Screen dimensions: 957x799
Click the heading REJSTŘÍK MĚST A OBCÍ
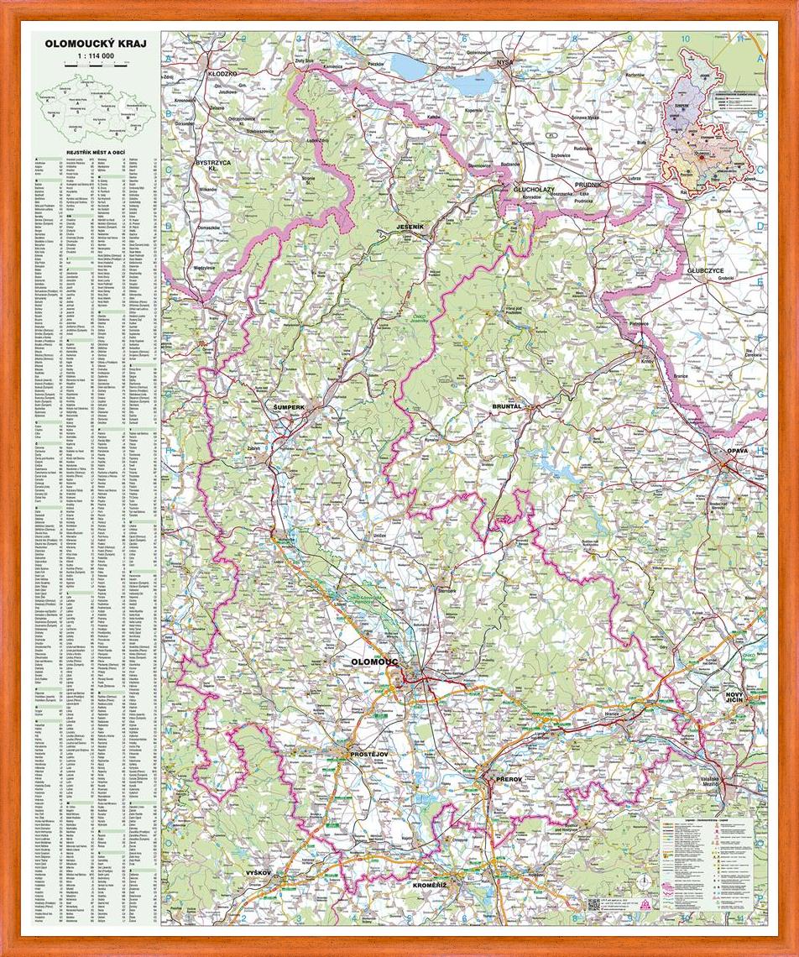tap(96, 152)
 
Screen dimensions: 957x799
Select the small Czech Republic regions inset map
tap(94, 105)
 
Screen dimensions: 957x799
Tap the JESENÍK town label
tap(414, 227)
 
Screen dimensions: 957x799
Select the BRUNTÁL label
tap(507, 405)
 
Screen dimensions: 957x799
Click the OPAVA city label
tap(737, 452)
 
